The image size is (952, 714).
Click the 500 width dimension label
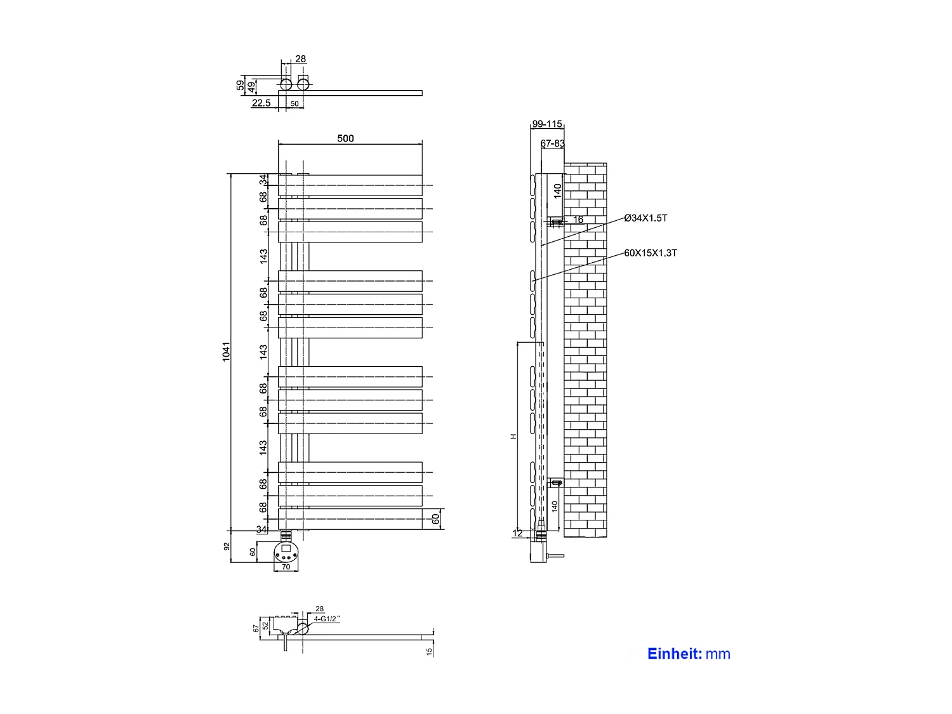[x=345, y=138]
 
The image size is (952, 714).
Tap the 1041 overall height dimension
[x=226, y=352]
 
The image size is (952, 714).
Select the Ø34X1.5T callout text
[x=645, y=218]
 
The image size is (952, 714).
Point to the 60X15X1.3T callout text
[x=651, y=253]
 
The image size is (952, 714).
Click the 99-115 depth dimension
[x=547, y=124]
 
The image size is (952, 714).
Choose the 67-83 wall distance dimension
[x=552, y=143]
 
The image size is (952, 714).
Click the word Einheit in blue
[x=674, y=654]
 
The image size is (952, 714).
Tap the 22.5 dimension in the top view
[x=261, y=103]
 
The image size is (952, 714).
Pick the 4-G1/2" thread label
[x=327, y=618]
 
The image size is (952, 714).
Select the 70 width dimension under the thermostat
[x=286, y=567]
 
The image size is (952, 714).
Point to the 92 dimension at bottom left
[x=227, y=546]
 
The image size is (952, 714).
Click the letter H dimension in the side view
[x=514, y=436]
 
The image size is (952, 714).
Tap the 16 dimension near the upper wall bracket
[x=578, y=220]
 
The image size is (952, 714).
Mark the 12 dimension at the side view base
[x=517, y=533]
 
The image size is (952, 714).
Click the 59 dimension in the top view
[x=240, y=84]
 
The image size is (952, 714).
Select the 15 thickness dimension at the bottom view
[x=430, y=651]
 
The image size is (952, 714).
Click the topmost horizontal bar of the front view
[x=350, y=185]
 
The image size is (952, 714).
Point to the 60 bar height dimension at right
[x=436, y=519]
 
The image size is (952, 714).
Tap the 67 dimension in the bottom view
[x=256, y=628]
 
